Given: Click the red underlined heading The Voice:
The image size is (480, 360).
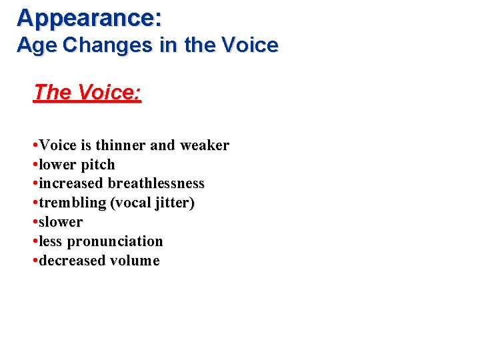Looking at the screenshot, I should pos(87,92).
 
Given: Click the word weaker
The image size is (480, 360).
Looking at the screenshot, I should pos(203,145).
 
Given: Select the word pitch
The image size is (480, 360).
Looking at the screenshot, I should pos(98,165).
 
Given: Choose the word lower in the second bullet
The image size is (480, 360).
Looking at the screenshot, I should pos(58,165).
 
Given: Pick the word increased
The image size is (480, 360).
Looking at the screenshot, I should pos(71,183).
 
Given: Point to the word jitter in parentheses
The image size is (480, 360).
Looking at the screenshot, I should pos(173,203).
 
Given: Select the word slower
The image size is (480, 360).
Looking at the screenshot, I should pos(61,222).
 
